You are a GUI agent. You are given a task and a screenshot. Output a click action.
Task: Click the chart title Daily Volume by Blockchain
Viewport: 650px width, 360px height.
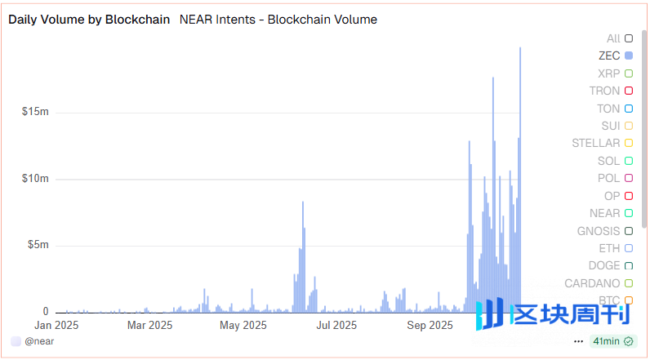coord(89,20)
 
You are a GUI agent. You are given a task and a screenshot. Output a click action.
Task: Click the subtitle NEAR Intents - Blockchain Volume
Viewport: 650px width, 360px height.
coord(278,20)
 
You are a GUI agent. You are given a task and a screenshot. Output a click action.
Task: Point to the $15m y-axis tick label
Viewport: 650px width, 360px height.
coord(35,112)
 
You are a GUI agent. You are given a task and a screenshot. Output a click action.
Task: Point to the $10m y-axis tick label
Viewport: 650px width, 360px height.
coord(35,179)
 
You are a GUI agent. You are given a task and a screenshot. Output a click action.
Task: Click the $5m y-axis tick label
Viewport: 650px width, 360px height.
coord(38,245)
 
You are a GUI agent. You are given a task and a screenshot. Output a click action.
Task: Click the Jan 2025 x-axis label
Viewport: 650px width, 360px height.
coord(56,326)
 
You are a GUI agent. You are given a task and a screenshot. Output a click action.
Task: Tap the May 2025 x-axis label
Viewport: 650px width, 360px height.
coord(243,326)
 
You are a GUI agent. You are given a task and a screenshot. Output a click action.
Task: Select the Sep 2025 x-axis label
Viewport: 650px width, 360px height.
coord(430,326)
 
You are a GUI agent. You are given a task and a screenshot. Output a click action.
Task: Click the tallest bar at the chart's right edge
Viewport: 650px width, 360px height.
coord(520,163)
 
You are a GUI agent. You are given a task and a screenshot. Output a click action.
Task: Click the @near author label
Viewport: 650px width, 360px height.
coord(39,341)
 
